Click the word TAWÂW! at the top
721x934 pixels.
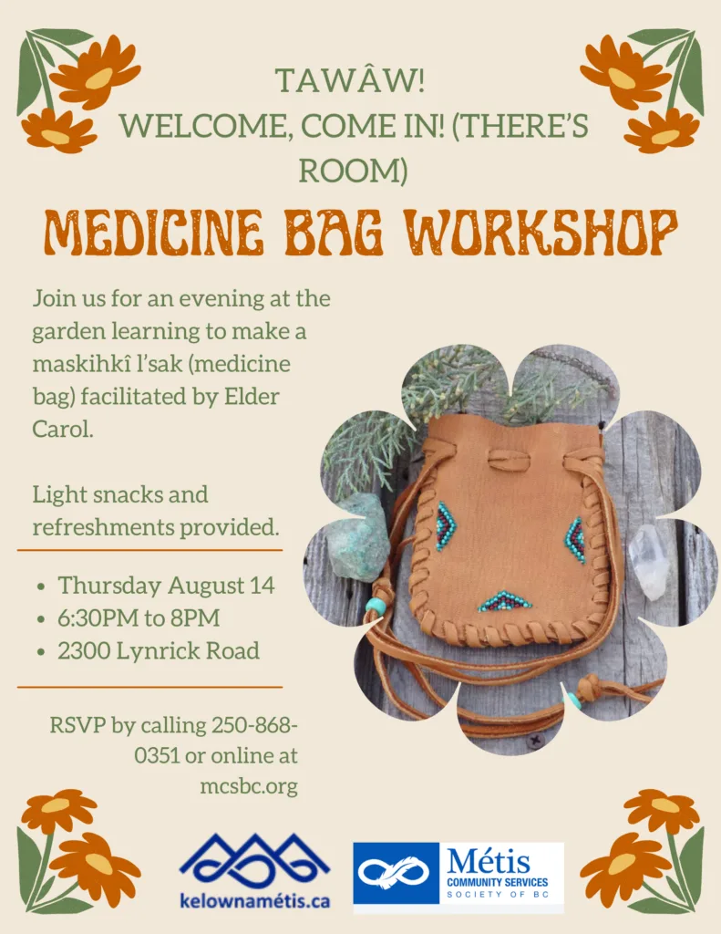349,80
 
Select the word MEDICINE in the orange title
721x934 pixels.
154,231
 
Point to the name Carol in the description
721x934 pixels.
63,429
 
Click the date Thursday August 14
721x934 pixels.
166,585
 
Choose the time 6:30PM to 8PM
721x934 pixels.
139,617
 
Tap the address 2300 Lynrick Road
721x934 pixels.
159,650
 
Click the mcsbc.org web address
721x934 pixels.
249,787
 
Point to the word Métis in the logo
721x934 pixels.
489,861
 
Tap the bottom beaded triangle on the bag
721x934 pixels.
504,601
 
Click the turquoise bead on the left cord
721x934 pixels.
376,607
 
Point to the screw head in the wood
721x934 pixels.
534,741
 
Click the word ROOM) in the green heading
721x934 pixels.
353,171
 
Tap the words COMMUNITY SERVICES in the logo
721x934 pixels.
497,882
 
